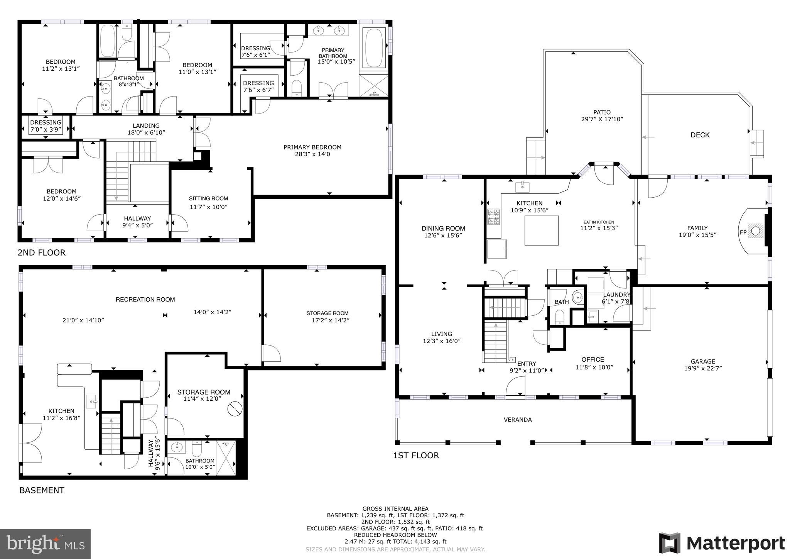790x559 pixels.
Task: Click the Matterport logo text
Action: point(736,543)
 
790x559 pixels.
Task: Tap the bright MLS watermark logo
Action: point(45,544)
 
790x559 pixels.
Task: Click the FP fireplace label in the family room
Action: point(743,232)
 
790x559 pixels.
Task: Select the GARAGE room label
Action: point(703,362)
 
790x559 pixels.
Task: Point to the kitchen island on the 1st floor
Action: point(542,230)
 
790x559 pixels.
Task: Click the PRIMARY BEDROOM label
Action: point(312,147)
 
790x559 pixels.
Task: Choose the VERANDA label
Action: point(518,420)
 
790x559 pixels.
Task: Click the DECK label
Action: point(700,135)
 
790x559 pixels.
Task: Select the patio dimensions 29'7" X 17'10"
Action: point(602,119)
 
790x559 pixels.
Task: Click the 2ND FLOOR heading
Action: point(42,252)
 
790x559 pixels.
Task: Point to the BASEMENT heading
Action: point(42,490)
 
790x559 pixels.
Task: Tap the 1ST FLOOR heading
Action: point(416,455)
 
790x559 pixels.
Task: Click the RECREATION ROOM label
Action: point(145,300)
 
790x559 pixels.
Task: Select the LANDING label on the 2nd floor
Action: point(146,125)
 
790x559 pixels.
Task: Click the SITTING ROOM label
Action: point(209,198)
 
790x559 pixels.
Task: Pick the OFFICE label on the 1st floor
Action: point(593,359)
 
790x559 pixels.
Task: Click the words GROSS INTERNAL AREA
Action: point(395,509)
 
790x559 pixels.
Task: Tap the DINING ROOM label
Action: point(444,229)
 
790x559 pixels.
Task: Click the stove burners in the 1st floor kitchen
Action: point(494,217)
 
